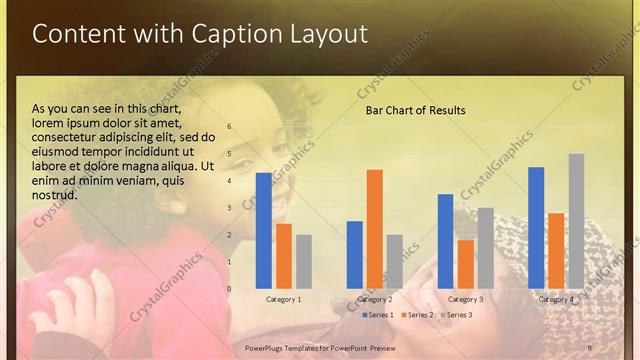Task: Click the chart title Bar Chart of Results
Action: (x=415, y=109)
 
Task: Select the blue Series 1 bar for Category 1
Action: (x=263, y=230)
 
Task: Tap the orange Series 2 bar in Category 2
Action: (x=374, y=229)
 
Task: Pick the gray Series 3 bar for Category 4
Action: (x=576, y=221)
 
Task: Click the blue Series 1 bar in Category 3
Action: (x=445, y=241)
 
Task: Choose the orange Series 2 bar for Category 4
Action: (x=556, y=251)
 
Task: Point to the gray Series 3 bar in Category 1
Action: (x=303, y=261)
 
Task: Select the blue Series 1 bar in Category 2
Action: (x=354, y=255)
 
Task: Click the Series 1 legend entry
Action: (x=377, y=315)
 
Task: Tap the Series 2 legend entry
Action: (x=417, y=315)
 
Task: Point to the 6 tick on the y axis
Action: (x=229, y=127)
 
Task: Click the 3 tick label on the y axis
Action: (x=229, y=208)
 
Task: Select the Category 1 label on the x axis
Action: (x=283, y=299)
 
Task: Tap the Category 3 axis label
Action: (x=465, y=299)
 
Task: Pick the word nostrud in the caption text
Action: (x=55, y=194)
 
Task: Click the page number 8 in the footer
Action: (x=589, y=346)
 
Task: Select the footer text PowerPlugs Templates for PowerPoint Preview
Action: (x=320, y=346)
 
